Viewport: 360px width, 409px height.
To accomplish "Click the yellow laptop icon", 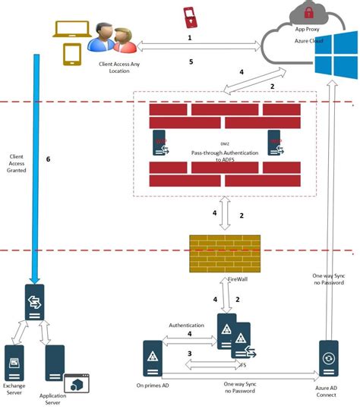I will point(70,30).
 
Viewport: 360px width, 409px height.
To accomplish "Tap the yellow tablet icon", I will point(73,55).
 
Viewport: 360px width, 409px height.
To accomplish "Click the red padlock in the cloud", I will point(309,12).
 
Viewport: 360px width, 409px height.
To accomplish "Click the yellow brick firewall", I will point(224,253).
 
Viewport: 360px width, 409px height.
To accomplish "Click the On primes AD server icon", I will point(153,357).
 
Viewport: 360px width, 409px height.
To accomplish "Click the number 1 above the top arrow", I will point(190,36).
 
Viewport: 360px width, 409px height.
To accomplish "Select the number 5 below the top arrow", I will point(191,61).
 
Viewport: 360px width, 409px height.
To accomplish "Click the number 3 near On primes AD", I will point(189,354).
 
